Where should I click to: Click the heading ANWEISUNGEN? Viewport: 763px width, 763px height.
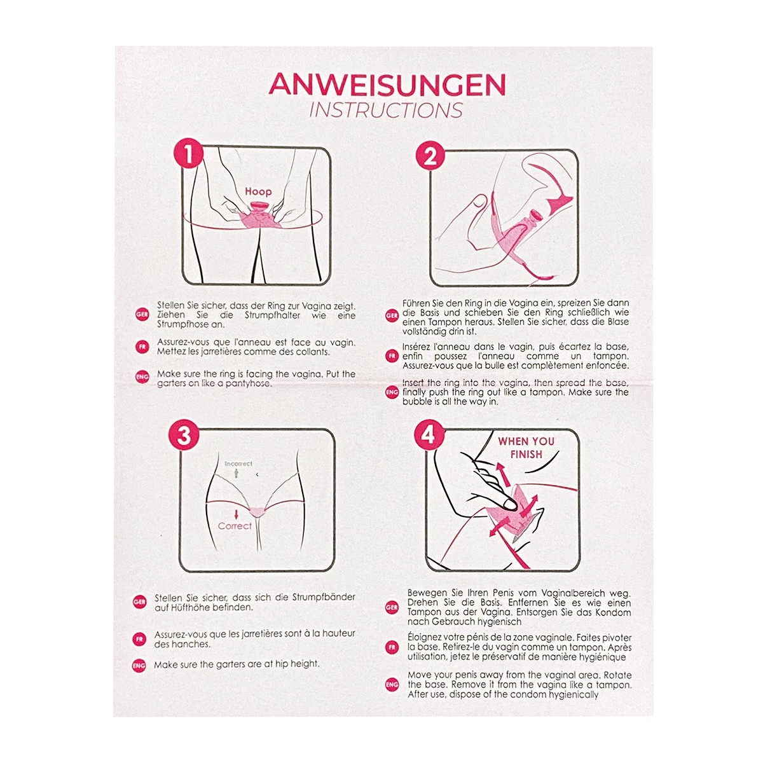[387, 85]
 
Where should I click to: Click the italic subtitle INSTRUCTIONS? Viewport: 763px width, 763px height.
[386, 111]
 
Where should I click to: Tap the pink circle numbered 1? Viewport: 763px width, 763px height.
[188, 153]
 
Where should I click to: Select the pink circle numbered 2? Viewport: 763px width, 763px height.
[430, 156]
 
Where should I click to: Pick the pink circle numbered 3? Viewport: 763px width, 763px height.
[184, 435]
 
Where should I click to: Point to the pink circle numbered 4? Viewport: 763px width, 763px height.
[429, 435]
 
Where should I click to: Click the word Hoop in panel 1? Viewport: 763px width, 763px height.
[258, 192]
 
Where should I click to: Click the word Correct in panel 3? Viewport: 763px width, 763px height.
[235, 526]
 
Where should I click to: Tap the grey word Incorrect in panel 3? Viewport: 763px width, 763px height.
[238, 464]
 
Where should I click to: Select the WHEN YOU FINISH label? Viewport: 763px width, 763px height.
[526, 448]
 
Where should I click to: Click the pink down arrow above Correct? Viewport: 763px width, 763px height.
[237, 514]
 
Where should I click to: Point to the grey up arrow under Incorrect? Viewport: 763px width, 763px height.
[237, 473]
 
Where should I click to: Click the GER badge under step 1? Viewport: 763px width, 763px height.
[142, 315]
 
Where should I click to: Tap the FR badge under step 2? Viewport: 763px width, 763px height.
[392, 356]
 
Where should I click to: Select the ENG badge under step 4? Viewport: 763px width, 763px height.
[392, 685]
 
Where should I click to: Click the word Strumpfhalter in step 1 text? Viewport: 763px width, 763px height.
[272, 315]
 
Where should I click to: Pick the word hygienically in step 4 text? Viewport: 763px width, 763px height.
[574, 695]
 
